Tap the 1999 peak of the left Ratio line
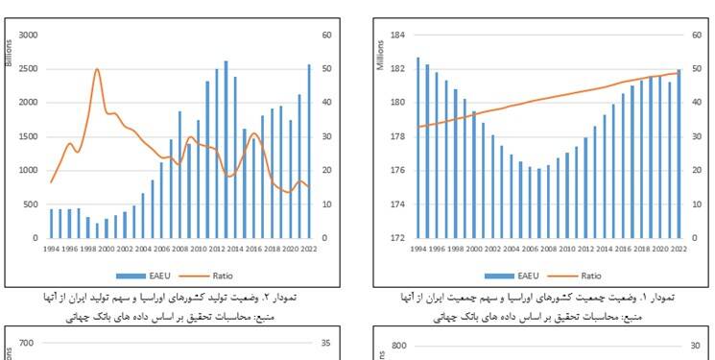pyautogui.click(x=97, y=70)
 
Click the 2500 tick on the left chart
pyautogui.click(x=27, y=69)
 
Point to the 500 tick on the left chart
pyautogui.click(x=30, y=204)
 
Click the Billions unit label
pyautogui.click(x=9, y=52)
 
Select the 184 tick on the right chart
pyautogui.click(x=398, y=36)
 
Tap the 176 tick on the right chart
pyautogui.click(x=398, y=171)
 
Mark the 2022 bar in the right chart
pyautogui.click(x=679, y=154)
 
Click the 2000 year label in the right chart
pyautogui.click(x=474, y=249)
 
